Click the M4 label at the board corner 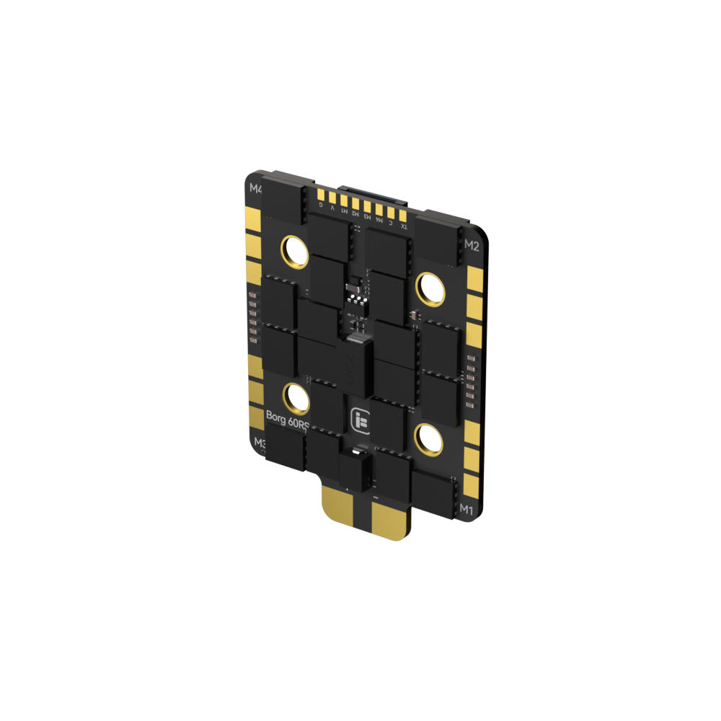click(256, 189)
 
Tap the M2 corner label click(472, 244)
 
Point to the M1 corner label click(466, 510)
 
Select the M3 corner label click(259, 442)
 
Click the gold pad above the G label click(322, 195)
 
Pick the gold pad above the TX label click(404, 216)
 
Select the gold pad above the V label click(332, 198)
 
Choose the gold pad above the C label click(392, 213)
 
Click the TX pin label click(404, 226)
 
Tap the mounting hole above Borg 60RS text click(295, 397)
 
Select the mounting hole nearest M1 click(428, 438)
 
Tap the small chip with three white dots click(357, 294)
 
